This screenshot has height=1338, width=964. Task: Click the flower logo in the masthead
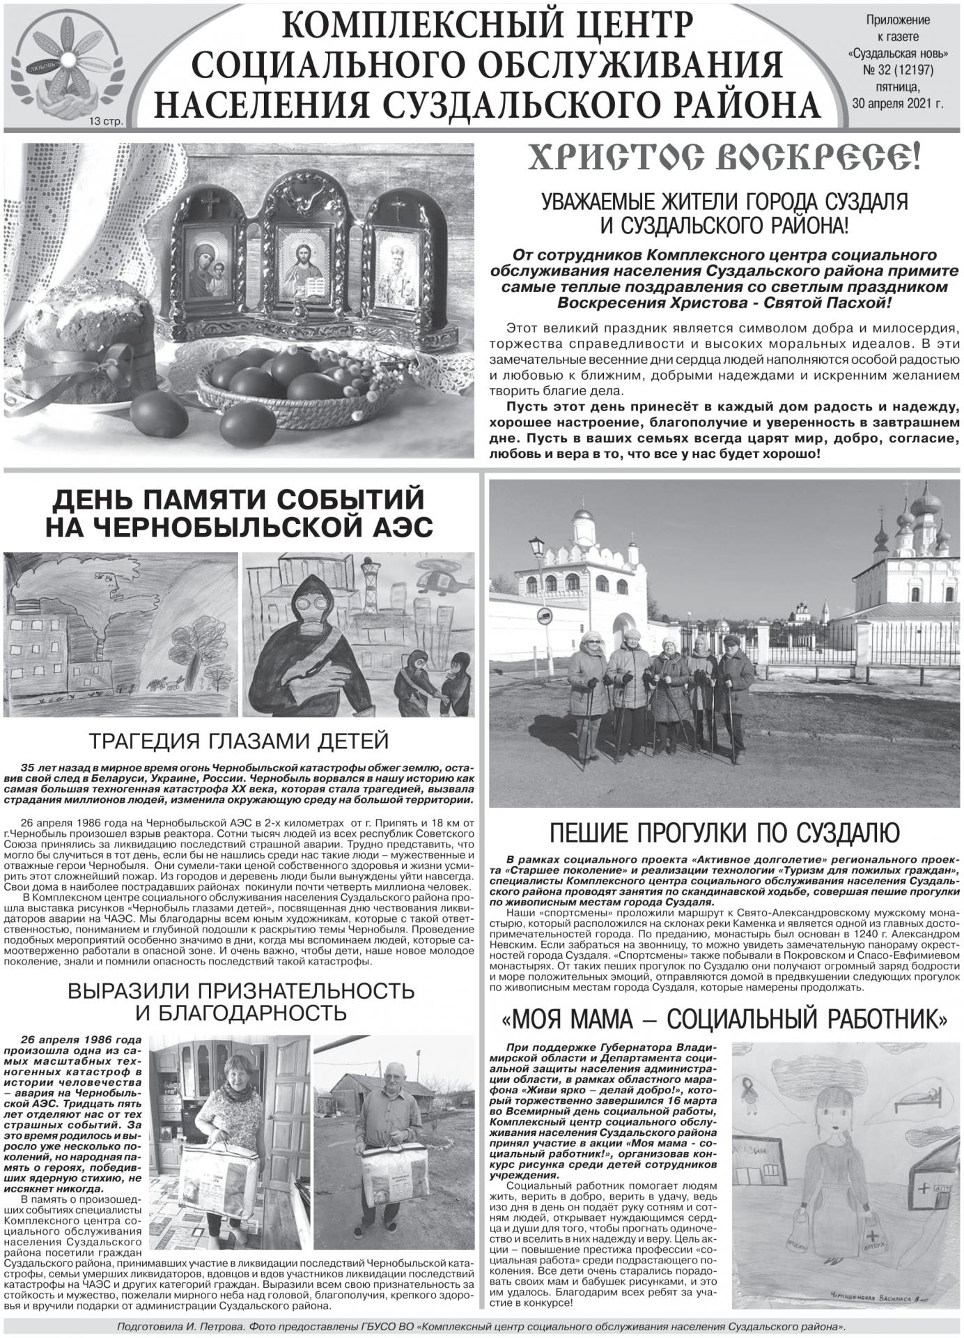66,66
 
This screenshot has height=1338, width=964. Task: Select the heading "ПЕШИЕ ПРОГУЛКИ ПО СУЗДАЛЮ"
724,832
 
